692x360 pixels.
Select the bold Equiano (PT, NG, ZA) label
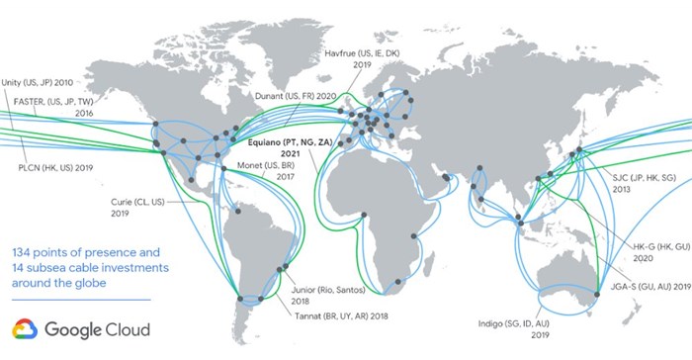point(295,144)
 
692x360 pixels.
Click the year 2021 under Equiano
point(295,156)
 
